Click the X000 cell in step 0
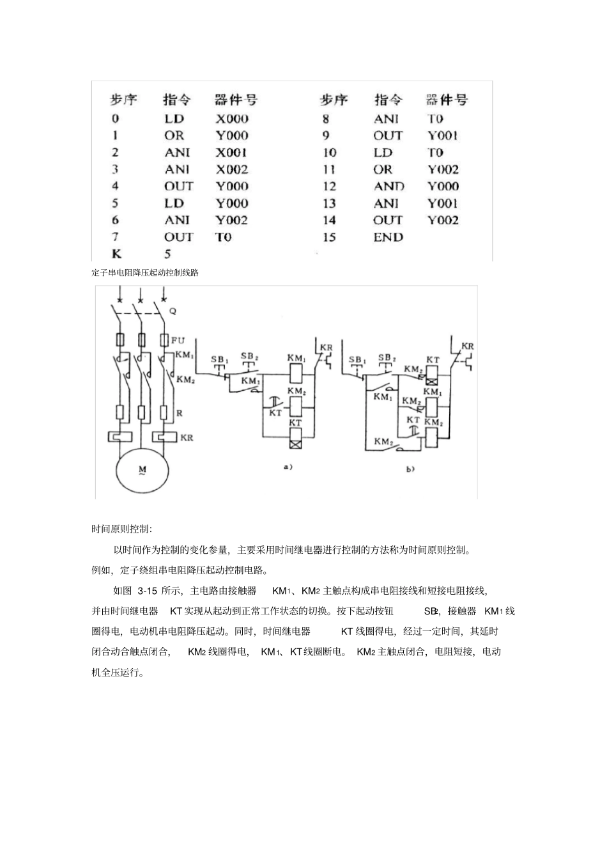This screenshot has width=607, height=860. coord(231,118)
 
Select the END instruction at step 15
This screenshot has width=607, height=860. coord(388,237)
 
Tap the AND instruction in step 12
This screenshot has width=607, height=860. coord(388,186)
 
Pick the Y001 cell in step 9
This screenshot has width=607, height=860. coord(442,136)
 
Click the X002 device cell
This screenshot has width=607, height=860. coord(231,169)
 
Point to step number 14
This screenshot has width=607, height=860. coord(329,220)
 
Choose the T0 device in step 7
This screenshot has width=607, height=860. coord(223,237)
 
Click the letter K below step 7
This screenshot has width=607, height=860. coord(116,254)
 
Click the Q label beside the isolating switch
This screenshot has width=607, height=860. coord(172,311)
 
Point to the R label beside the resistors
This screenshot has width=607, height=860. coord(180,414)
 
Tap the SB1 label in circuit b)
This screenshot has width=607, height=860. coord(356,360)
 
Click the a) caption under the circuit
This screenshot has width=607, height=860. coord(288,467)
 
